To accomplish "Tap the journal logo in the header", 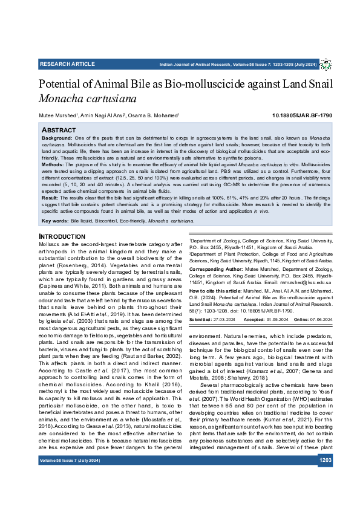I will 326,64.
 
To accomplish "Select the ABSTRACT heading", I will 58,130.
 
